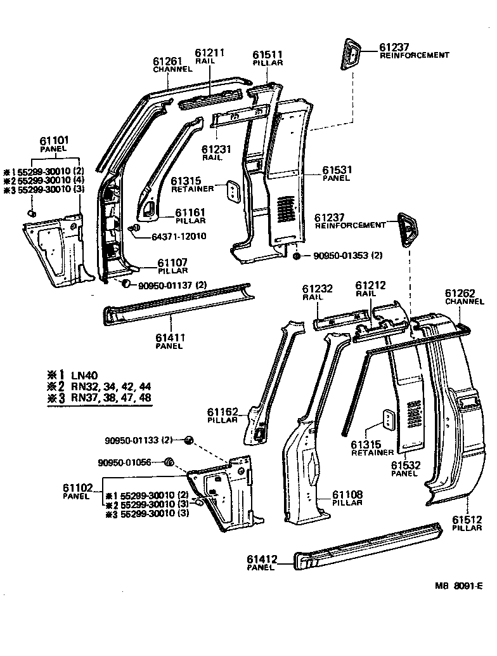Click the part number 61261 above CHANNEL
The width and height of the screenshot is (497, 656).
pos(168,62)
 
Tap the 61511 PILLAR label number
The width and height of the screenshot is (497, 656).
pos(268,55)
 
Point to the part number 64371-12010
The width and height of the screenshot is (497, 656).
pos(179,237)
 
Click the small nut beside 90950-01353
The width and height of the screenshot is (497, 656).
pos(297,256)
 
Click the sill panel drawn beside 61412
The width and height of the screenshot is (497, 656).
pos(368,546)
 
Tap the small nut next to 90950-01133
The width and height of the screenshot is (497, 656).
pos(188,440)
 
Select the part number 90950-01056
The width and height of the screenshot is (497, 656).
pos(125,462)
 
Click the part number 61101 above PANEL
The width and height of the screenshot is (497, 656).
pos(55,140)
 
